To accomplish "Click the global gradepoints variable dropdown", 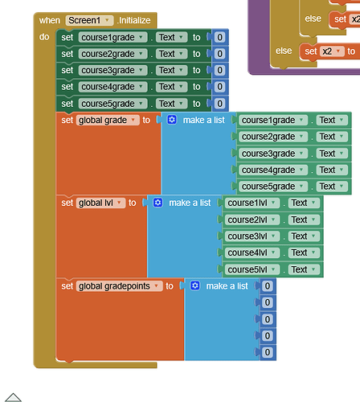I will [x=120, y=285].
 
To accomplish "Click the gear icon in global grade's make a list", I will [x=171, y=120].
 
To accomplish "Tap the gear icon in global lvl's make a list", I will [x=157, y=203].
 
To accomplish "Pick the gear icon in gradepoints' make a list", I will [x=194, y=285].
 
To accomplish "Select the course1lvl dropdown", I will [x=252, y=203].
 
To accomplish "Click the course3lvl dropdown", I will [x=252, y=236].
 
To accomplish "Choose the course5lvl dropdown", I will [x=252, y=269].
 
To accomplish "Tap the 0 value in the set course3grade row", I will [x=219, y=70].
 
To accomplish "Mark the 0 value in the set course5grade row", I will [x=219, y=103].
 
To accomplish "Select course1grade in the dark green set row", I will [x=112, y=37].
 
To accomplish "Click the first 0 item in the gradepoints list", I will [x=268, y=285].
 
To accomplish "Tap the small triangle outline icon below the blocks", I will [x=13, y=396].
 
